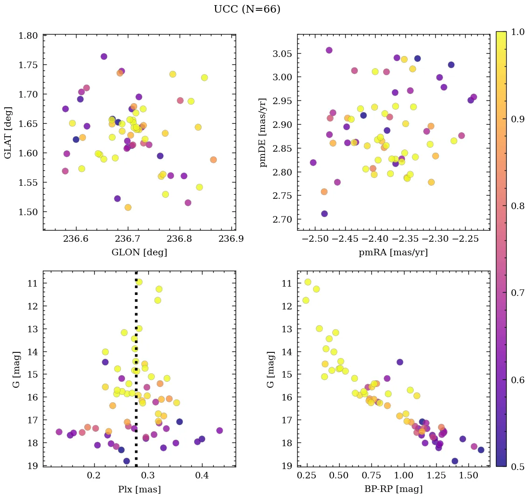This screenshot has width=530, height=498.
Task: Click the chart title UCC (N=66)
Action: click(247, 9)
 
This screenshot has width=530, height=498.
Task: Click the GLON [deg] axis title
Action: click(139, 253)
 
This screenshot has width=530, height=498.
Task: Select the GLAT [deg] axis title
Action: click(8, 133)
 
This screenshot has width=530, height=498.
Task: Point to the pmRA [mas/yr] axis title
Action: click(393, 253)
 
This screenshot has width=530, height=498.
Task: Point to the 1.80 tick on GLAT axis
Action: click(29, 35)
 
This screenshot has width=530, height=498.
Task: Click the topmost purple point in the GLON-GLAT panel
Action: click(104, 56)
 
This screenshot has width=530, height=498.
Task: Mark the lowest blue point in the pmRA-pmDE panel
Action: click(324, 214)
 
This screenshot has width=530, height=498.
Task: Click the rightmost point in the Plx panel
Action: click(219, 430)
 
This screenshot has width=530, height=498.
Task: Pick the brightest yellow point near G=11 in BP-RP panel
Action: click(307, 282)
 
